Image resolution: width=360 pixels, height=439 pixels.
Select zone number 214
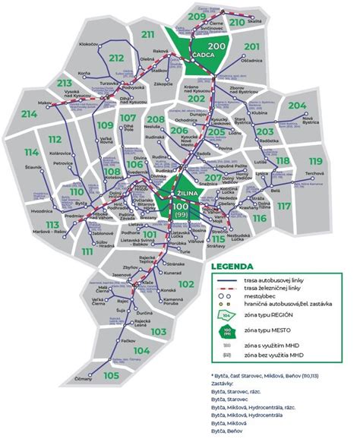pyautogui.click(x=30, y=115)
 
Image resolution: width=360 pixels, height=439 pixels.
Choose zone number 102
pyautogui.click(x=185, y=284)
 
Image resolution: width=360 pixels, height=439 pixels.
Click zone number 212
pyautogui.click(x=116, y=58)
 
